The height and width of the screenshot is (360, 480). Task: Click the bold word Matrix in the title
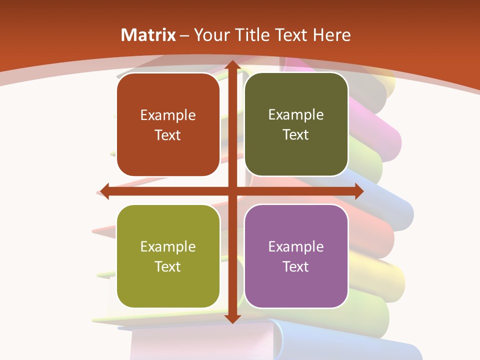click(x=148, y=35)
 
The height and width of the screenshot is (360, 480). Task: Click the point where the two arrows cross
click(x=232, y=191)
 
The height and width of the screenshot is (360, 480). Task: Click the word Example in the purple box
click(x=296, y=246)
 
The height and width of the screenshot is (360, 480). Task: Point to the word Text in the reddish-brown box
click(x=168, y=135)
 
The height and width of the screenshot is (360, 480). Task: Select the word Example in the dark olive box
click(x=296, y=115)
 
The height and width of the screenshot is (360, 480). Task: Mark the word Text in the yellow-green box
click(x=168, y=266)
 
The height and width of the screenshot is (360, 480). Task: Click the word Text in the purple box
click(x=296, y=266)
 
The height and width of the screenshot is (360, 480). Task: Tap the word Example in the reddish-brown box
click(x=168, y=115)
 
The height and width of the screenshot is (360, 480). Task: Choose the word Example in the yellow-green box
click(x=168, y=246)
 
